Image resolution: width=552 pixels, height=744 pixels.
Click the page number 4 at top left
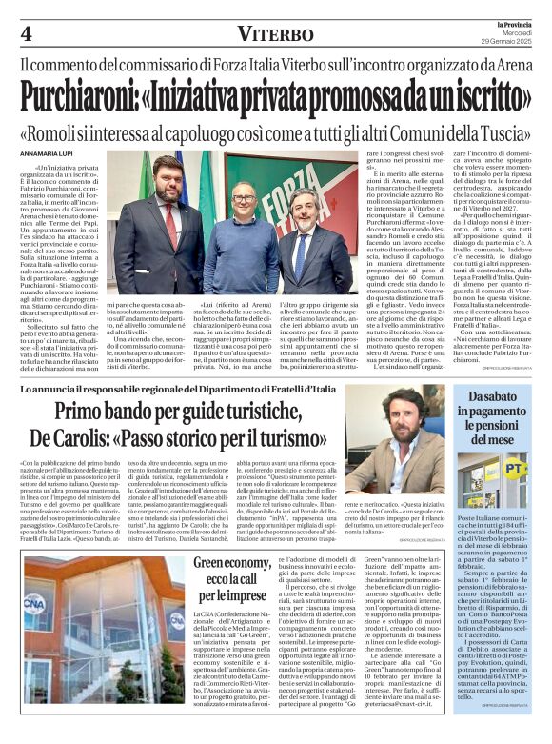click(26, 33)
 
